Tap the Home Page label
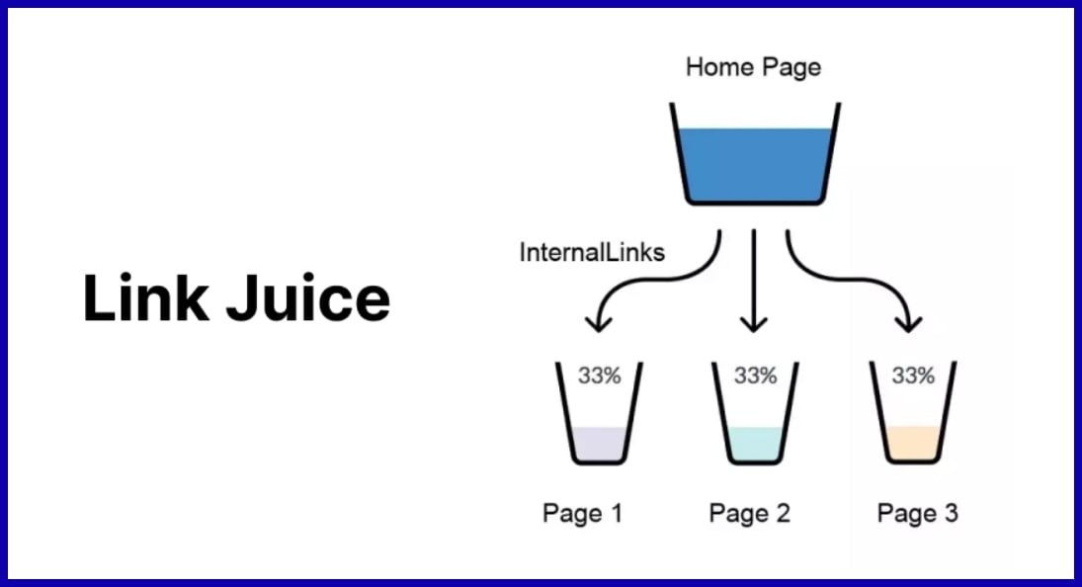point(753,67)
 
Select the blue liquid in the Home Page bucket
point(755,165)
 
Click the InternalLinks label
point(592,252)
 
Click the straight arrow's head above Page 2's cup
point(754,322)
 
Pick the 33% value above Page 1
point(599,377)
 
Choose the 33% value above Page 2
point(755,377)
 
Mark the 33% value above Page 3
point(912,377)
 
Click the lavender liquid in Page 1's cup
point(599,444)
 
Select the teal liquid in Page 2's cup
point(755,444)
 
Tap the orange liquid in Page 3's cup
point(912,444)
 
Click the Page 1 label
point(583,513)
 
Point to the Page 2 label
point(749,513)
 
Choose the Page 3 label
point(917,513)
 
